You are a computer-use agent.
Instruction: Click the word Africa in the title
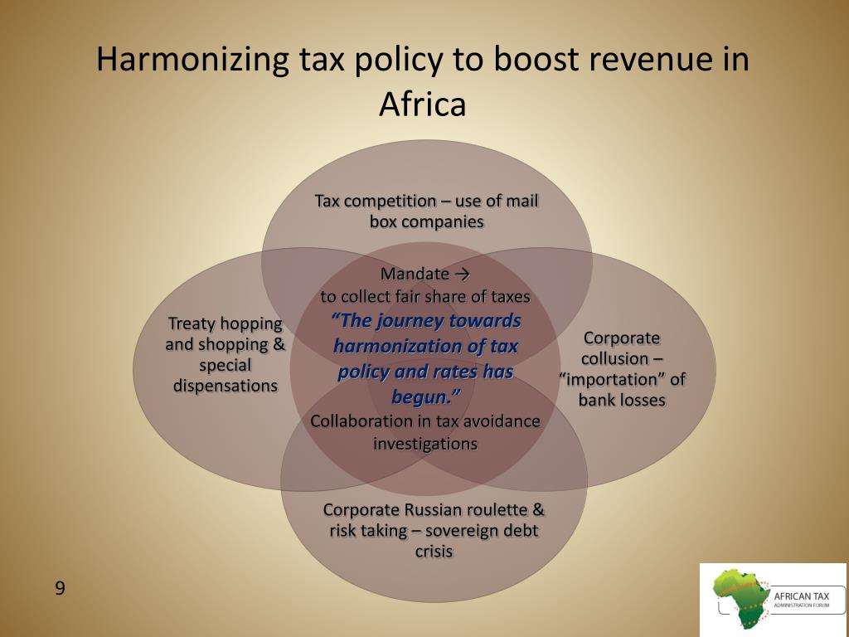point(423,105)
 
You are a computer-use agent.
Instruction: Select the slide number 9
point(60,589)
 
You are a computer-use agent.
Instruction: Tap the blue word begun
point(424,397)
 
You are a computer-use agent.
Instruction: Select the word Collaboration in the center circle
point(357,421)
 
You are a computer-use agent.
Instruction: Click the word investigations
point(425,444)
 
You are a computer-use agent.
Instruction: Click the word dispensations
point(226,386)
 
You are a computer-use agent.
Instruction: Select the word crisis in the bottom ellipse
point(434,552)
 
